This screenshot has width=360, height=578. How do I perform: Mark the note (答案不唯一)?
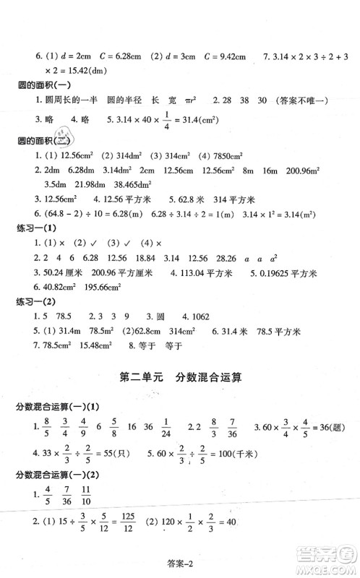coord(299,102)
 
